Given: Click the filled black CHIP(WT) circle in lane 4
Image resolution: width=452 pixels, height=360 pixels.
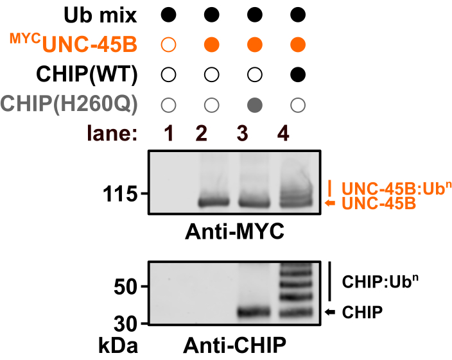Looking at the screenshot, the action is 297,75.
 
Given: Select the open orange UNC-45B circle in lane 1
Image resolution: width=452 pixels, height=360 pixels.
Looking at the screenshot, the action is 168,45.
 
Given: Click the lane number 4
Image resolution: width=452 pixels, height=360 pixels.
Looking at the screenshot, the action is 296,135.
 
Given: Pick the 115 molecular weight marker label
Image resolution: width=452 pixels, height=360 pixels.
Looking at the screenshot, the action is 119,194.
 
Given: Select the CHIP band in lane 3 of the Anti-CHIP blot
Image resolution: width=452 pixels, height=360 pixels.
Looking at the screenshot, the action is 254,313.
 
